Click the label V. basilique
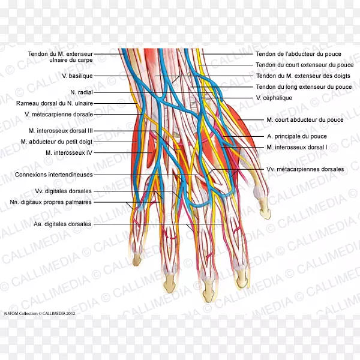point(77,76)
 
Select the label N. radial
point(81,92)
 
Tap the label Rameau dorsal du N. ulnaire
point(58,103)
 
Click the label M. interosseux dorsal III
point(61,131)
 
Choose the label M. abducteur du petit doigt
point(57,142)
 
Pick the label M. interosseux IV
point(71,152)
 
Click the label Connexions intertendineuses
point(54,175)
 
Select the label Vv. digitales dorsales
point(64,191)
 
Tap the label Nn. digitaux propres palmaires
point(55,202)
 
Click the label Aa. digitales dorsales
point(62,224)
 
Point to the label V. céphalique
point(274,98)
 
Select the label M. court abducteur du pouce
point(305,120)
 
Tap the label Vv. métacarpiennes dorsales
point(305,169)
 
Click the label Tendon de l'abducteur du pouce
point(299,54)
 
